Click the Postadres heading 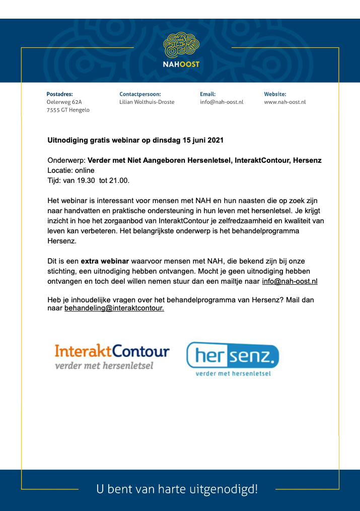59,94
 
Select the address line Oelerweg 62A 64,102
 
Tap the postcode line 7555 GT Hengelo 68,110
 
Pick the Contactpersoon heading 140,94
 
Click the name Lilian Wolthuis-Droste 147,102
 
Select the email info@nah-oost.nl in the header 222,102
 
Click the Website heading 275,94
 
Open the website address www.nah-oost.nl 284,102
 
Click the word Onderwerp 65,160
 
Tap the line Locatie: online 70,170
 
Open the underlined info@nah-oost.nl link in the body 290,281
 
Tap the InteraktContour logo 112,356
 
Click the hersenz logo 232,357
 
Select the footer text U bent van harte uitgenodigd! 177,488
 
